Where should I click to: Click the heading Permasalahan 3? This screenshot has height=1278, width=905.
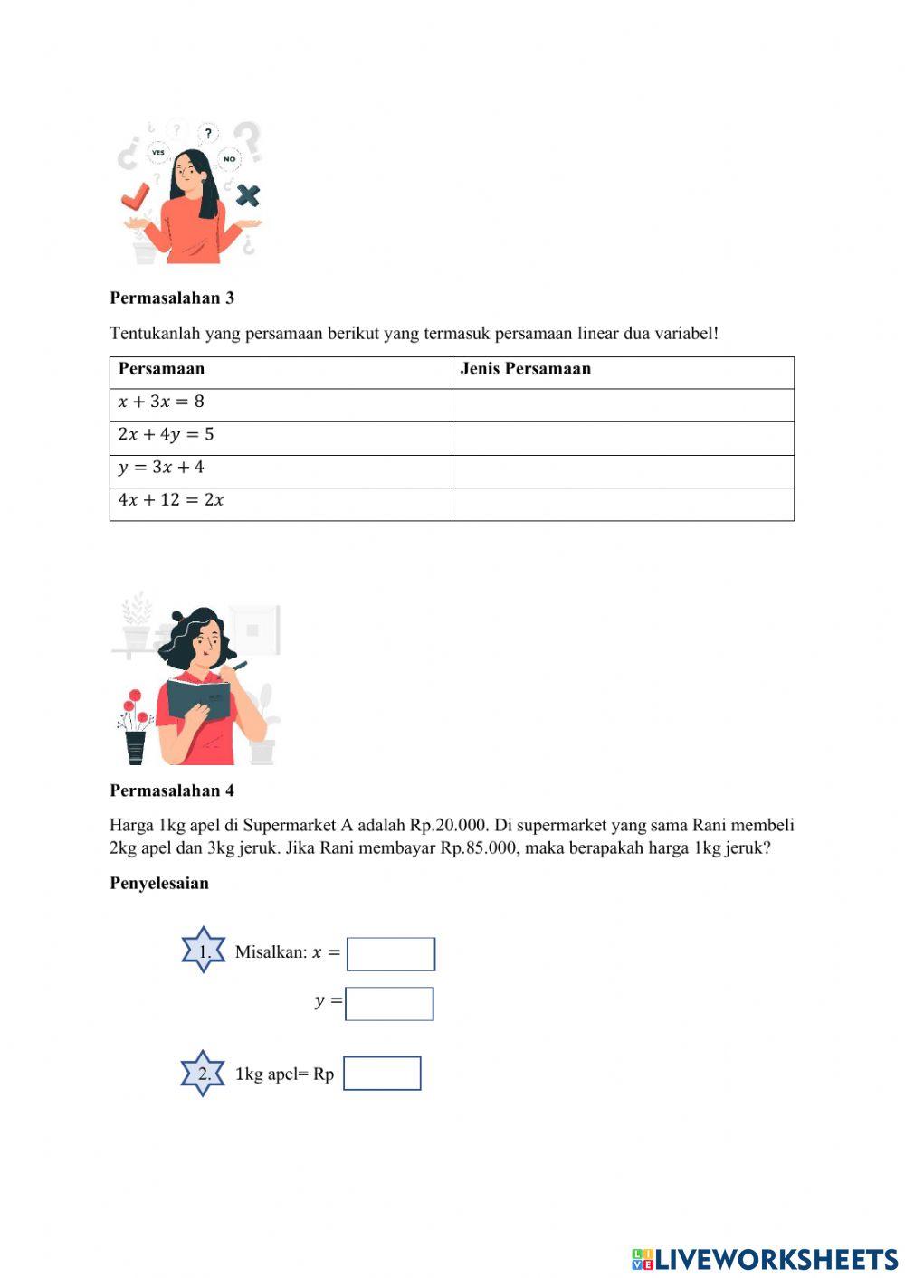(x=172, y=298)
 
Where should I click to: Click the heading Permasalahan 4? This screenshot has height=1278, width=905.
(x=172, y=790)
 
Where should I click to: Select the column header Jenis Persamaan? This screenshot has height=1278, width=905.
(x=525, y=369)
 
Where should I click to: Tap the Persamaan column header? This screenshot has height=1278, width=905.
(x=161, y=369)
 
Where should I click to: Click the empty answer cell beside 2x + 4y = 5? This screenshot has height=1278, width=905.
(x=623, y=439)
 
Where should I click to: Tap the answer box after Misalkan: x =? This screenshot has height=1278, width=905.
(x=391, y=954)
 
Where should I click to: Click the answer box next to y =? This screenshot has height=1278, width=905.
(x=389, y=1004)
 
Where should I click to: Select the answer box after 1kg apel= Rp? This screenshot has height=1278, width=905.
(x=382, y=1074)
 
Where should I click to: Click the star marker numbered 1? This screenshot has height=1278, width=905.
(x=204, y=951)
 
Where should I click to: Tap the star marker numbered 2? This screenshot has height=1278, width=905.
(x=204, y=1074)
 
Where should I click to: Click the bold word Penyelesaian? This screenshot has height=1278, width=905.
(x=159, y=884)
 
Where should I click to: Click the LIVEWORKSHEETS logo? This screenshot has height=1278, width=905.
(x=765, y=1259)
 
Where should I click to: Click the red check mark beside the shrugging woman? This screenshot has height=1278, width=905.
(x=136, y=195)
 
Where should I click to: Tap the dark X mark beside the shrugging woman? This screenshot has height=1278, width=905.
(x=247, y=194)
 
